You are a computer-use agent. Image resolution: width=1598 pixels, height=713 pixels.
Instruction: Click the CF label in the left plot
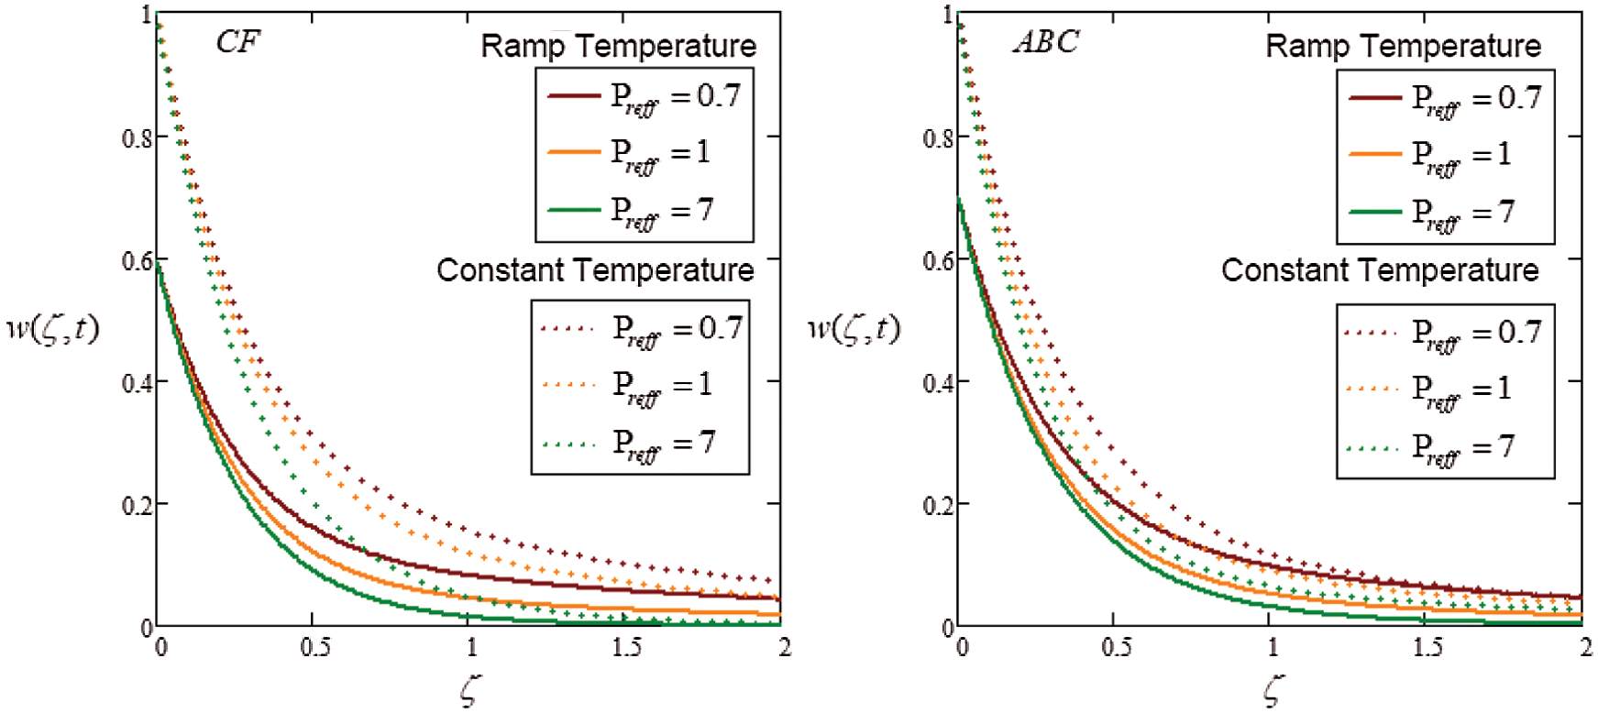click(x=237, y=42)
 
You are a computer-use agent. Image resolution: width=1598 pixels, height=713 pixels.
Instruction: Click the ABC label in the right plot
click(x=1045, y=42)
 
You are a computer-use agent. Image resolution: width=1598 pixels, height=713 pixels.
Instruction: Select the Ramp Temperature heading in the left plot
click(x=619, y=46)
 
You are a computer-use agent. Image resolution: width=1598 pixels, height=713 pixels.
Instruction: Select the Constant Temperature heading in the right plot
click(x=1380, y=270)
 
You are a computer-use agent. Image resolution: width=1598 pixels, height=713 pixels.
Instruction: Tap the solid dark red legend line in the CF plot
click(x=574, y=95)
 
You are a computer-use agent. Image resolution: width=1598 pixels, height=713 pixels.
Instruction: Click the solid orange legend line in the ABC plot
click(x=1375, y=154)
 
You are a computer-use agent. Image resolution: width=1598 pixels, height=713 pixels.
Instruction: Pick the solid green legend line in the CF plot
click(x=574, y=210)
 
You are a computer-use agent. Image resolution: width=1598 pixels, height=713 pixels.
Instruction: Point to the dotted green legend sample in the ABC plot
click(x=1372, y=449)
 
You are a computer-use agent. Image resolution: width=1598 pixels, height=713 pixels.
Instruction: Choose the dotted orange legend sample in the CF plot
click(x=570, y=385)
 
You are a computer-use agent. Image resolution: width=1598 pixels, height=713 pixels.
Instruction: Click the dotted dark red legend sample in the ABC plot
click(x=1372, y=333)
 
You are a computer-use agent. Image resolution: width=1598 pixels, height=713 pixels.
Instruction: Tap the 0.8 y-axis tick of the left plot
click(x=138, y=138)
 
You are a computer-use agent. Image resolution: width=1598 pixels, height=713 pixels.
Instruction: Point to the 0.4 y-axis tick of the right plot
click(x=938, y=383)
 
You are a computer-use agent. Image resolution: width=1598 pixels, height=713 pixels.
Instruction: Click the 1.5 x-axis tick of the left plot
click(x=626, y=648)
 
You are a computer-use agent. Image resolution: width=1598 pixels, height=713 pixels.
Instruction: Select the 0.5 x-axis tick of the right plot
click(x=1116, y=648)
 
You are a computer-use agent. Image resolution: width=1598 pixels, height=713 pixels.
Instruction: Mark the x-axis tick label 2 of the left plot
click(x=784, y=648)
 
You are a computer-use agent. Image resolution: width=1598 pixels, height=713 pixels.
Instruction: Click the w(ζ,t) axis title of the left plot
click(x=52, y=328)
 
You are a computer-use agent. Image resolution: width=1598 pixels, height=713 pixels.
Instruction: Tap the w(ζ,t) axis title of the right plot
click(x=854, y=328)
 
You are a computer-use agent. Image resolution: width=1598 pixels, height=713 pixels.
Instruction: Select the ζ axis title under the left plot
click(x=468, y=690)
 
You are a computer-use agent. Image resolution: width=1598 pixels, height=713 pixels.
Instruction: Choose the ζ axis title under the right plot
click(x=1272, y=690)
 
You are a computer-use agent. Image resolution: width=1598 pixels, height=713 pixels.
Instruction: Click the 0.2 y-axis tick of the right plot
click(x=938, y=506)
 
